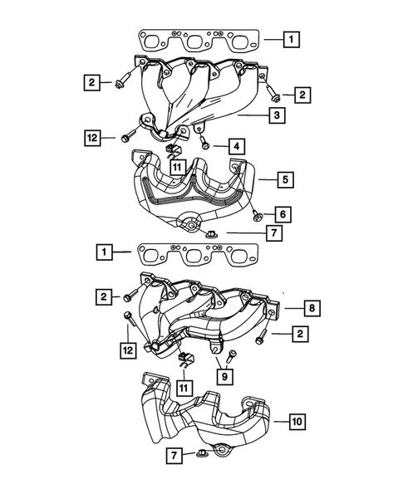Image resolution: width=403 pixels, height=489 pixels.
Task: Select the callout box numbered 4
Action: pyautogui.click(x=237, y=146)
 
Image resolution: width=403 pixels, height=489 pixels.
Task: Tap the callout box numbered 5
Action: pyautogui.click(x=283, y=178)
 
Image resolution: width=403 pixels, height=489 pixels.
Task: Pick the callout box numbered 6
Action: pyautogui.click(x=283, y=214)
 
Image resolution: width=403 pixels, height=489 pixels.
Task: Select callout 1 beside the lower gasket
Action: pyautogui.click(x=105, y=250)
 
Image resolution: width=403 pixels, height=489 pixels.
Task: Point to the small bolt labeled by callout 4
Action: pyautogui.click(x=205, y=145)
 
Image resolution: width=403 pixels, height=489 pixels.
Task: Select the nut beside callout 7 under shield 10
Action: pyautogui.click(x=202, y=453)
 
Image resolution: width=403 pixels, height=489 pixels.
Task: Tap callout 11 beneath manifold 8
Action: pyautogui.click(x=181, y=387)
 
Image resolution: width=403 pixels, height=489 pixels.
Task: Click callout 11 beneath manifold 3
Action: pyautogui.click(x=177, y=167)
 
